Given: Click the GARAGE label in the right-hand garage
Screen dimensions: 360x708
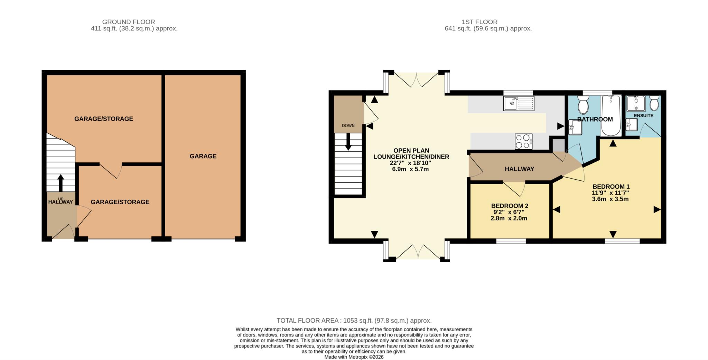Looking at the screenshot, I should [203, 156].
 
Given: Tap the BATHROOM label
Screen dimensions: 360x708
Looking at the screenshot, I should [595, 119].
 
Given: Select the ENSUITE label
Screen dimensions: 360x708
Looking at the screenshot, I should [643, 115].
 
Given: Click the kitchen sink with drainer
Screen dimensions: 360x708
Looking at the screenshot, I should [519, 104].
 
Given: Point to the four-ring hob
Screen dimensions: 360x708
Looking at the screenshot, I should [523, 141].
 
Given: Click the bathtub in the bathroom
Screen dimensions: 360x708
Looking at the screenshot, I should [611, 116].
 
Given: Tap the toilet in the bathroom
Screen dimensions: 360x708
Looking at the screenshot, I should [583, 105].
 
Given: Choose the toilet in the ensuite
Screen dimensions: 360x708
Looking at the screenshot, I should [654, 103].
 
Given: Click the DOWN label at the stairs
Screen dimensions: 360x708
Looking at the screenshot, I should [348, 125].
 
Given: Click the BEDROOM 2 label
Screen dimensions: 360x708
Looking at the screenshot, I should [510, 206].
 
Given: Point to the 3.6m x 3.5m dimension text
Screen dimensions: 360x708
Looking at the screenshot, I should [610, 199].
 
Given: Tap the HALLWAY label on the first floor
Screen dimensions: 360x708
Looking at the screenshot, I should [519, 169].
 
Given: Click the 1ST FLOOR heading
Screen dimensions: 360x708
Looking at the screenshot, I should [479, 22].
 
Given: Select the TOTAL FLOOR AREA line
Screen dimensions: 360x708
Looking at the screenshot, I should [354, 321].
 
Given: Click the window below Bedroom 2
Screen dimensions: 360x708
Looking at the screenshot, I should [511, 241].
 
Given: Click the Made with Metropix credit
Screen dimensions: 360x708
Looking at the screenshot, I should [354, 357].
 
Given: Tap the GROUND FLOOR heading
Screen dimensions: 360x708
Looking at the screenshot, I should [128, 22].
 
